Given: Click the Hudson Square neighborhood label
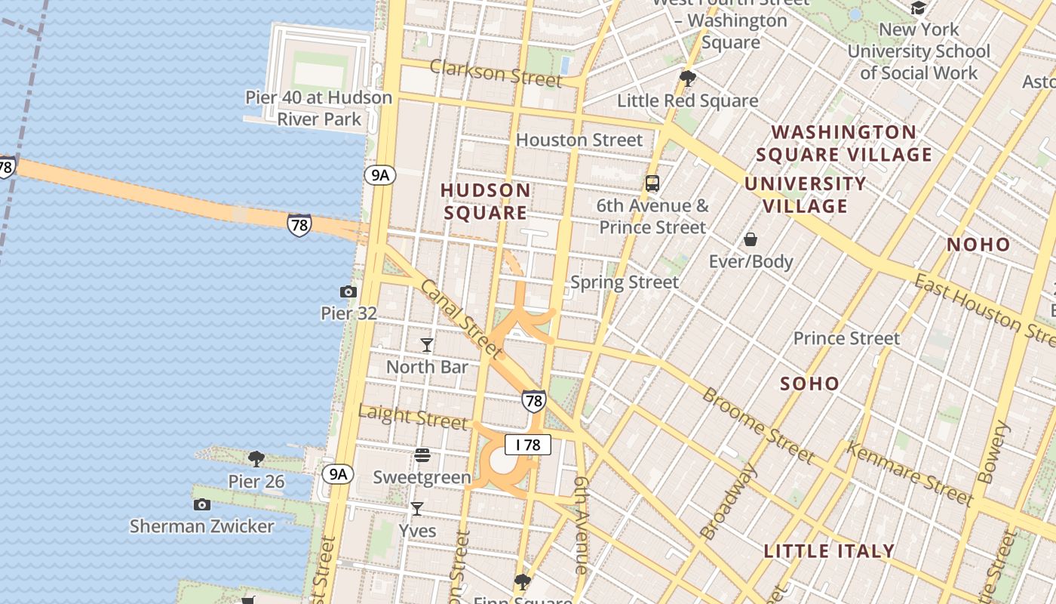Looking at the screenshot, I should [486, 201].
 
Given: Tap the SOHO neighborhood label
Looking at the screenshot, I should [809, 384].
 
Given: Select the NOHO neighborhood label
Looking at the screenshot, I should [978, 244].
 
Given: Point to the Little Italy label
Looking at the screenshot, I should [829, 551].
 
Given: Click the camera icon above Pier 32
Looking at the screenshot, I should [348, 291].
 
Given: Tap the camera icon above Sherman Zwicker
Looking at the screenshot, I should [201, 504].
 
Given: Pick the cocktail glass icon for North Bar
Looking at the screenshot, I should [427, 345].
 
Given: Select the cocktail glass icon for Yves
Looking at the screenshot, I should [416, 509].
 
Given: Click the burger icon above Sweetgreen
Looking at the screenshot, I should [422, 455].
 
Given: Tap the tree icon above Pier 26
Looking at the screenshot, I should [256, 458].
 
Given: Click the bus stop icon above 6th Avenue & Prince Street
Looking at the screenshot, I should [652, 183].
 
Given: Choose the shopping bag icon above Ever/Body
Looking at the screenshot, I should [751, 240].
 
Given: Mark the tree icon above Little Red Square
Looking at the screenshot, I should [687, 78].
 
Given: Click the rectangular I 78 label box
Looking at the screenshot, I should [528, 445].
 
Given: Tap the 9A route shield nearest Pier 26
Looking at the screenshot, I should [337, 474].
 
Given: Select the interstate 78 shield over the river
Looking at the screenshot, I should [299, 225].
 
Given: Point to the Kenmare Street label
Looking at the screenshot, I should [909, 473].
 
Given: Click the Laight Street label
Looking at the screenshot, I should [413, 416].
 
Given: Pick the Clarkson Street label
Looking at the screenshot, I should [496, 73].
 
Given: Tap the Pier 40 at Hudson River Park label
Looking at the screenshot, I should [319, 108].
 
